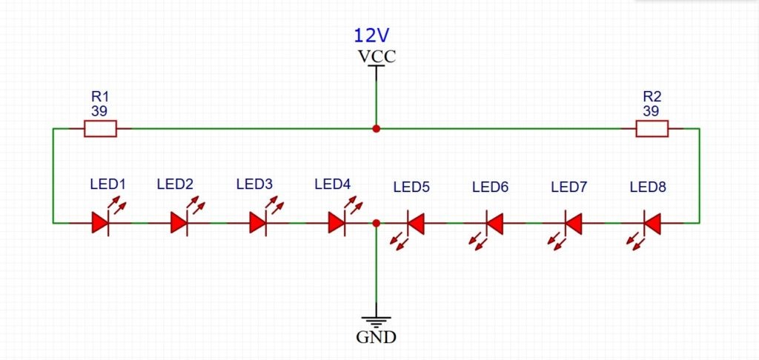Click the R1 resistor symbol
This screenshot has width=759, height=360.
pos(100,129)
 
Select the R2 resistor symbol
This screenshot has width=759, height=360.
pos(652,129)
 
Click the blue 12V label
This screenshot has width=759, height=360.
pos(372,36)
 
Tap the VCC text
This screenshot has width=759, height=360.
pos(377,56)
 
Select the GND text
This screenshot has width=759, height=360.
pos(376,337)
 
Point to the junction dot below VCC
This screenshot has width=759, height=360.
pos(376,129)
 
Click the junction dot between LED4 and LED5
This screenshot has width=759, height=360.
pos(376,223)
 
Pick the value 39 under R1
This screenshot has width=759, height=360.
pos(99,111)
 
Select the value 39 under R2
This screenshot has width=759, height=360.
pos(651,111)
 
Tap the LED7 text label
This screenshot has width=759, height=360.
pos(569,187)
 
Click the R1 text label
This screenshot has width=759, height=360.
pos(100,96)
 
